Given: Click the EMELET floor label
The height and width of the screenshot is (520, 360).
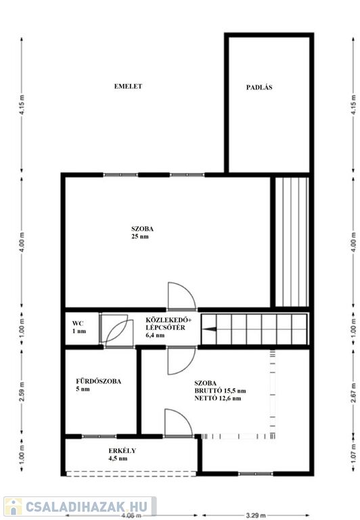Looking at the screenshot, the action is (128, 86).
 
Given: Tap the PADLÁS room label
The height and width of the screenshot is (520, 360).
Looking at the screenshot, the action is (259, 87).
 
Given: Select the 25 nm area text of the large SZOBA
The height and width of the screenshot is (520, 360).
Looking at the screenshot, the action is (140, 236).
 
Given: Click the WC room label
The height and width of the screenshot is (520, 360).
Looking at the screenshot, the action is (78, 324).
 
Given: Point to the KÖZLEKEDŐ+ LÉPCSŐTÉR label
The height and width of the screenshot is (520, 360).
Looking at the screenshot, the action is (168, 324).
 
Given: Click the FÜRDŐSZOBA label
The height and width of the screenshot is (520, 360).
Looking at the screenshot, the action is (98, 381).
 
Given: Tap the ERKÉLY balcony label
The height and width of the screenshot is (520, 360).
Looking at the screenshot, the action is (122, 451).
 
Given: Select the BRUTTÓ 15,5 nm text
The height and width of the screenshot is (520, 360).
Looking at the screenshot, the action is (220, 391).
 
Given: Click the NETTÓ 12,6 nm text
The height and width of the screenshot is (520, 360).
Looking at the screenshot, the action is (218, 398).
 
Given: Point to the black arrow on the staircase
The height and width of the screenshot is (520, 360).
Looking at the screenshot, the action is (210, 329).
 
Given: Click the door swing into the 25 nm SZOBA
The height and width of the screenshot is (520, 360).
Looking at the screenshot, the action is (181, 295).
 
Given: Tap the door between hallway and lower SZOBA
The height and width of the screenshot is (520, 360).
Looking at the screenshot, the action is (181, 360).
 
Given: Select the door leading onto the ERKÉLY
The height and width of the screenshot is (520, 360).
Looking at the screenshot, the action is (179, 422).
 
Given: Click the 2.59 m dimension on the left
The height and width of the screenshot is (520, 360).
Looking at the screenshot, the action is (22, 391).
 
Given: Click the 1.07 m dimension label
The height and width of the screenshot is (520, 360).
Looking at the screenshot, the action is (354, 454).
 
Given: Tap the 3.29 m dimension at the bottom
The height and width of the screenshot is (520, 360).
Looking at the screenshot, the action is (256, 516).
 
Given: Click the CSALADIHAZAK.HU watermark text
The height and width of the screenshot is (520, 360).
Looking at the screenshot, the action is (86, 506).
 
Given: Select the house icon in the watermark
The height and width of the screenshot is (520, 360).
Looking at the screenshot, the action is (14, 506).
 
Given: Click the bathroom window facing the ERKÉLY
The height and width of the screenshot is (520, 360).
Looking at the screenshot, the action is (99, 437).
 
